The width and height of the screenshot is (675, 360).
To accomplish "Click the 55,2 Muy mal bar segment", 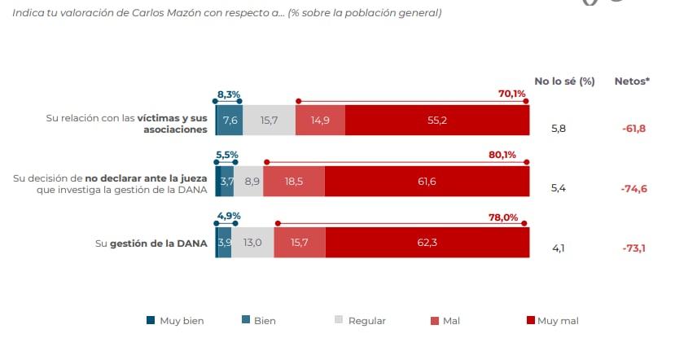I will point(437,121).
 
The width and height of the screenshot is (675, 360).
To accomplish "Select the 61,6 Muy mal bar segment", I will point(427,182).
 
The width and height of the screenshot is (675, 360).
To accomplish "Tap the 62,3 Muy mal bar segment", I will point(427,243).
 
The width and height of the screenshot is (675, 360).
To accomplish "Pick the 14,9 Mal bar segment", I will point(320,121).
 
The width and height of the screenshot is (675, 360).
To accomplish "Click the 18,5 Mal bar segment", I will point(293,182).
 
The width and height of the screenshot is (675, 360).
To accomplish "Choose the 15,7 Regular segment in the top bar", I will point(269,121).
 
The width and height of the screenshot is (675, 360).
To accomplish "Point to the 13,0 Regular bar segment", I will point(252,243).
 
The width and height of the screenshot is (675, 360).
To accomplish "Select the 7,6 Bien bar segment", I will point(230,121).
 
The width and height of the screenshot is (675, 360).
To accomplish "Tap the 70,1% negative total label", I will point(512,94).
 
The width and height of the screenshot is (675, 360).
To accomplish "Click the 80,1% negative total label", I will point(512,155).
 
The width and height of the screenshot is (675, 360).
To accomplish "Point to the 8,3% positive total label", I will point(228,94).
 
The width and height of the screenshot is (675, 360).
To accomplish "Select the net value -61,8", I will point(633,129).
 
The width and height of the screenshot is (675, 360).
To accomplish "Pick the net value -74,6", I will point(633,188).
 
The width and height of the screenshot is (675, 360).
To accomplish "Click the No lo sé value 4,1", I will point(559,248).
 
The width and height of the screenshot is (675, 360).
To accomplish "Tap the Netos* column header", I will point(632,81).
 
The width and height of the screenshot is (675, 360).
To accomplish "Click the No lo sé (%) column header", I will point(564,81).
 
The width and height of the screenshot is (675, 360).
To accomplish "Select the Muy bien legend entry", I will point(175,321).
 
